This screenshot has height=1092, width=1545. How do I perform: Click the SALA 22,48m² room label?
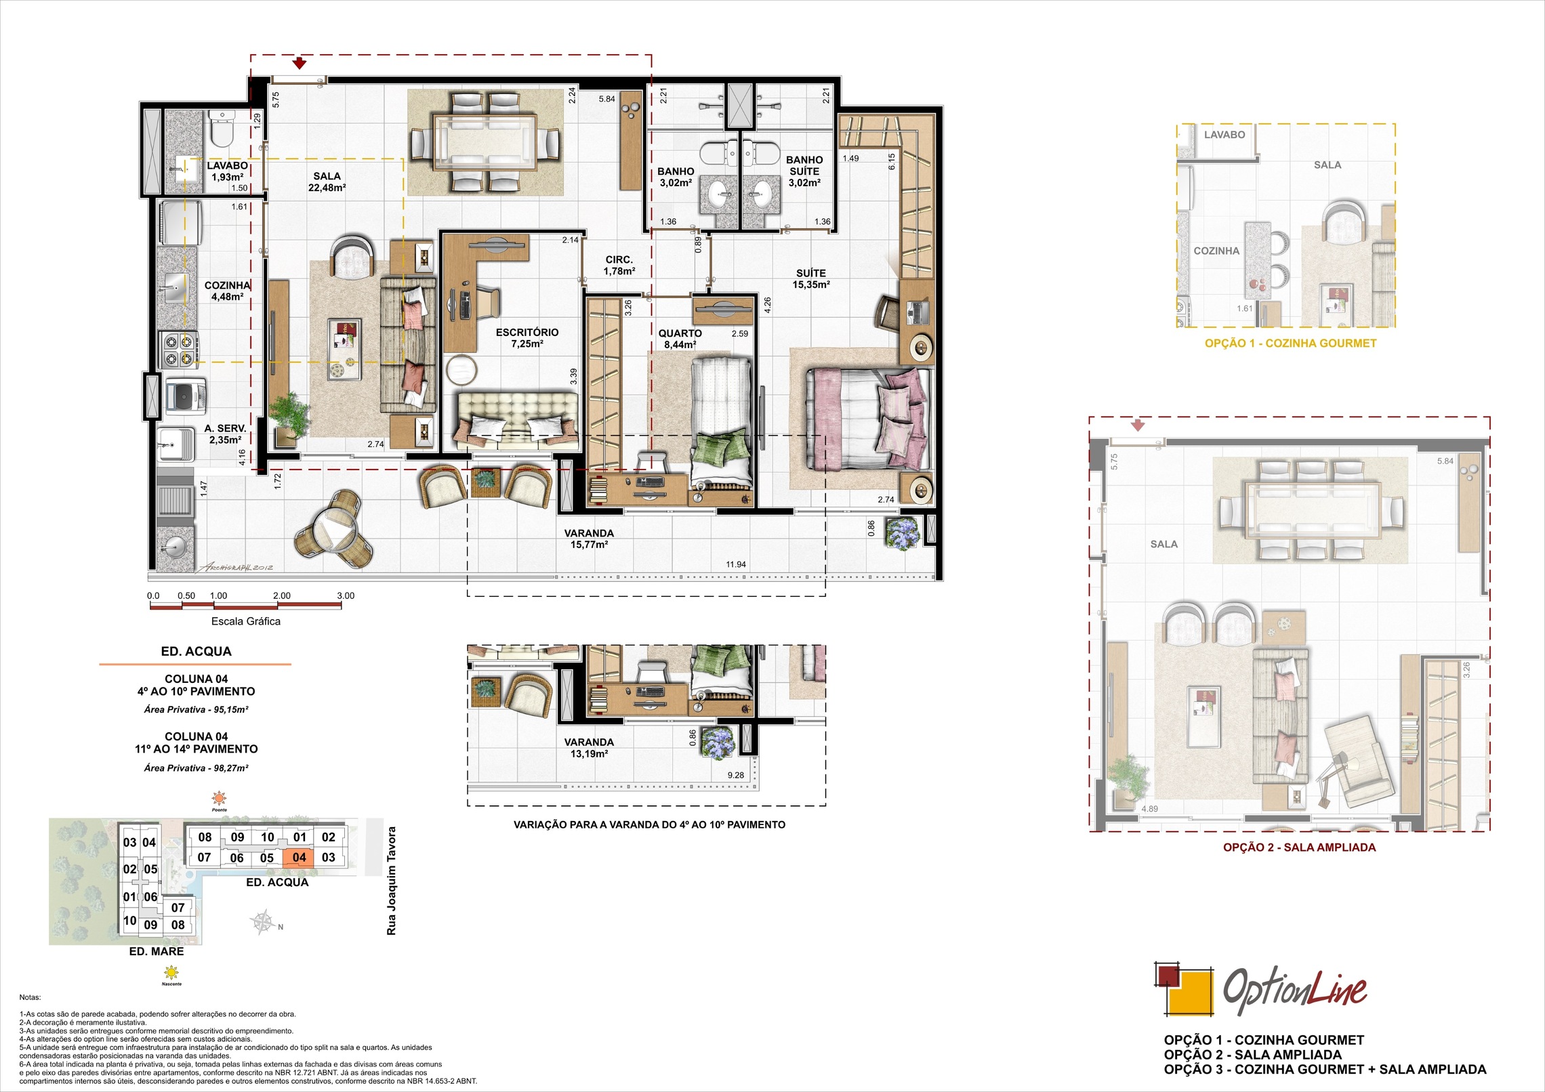[x=327, y=182]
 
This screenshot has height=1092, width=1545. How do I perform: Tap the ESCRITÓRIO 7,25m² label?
[x=527, y=337]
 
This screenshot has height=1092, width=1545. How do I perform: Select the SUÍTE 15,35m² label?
[x=810, y=278]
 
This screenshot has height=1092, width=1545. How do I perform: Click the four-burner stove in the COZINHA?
[x=178, y=350]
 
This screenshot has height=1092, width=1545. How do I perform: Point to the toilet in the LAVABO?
[x=221, y=130]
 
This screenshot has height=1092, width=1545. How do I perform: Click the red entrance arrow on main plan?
[x=300, y=64]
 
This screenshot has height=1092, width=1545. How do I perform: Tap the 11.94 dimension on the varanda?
[x=735, y=564]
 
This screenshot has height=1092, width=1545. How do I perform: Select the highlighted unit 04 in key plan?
[x=299, y=857]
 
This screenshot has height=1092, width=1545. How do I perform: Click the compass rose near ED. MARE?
[x=264, y=923]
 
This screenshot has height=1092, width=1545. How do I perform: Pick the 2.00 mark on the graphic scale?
[x=281, y=596]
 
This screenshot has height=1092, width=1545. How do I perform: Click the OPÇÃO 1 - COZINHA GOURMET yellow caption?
[x=1290, y=343]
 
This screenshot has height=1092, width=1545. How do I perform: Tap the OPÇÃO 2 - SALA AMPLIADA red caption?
[x=1299, y=847]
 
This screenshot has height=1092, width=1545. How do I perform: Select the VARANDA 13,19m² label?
[x=588, y=748]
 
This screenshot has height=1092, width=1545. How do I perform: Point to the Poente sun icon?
[x=219, y=797]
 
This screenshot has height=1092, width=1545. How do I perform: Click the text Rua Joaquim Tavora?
[x=391, y=881]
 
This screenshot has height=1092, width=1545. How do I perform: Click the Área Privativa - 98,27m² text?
[x=196, y=768]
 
